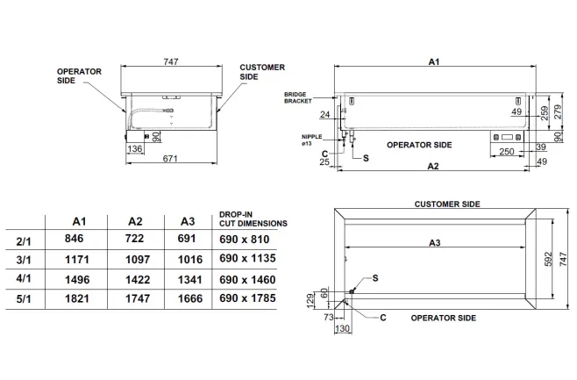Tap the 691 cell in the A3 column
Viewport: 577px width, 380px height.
coord(189,239)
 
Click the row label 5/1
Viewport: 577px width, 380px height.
coord(26,299)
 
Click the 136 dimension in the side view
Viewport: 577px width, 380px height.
coord(136,149)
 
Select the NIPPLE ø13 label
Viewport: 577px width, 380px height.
coord(310,140)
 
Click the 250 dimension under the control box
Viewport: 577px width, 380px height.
coord(506,152)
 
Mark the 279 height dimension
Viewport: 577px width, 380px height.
coord(553,112)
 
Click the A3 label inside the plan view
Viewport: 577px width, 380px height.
coord(435,241)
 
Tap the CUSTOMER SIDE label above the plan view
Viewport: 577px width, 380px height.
coord(446,204)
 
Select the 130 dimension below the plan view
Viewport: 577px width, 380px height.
coord(342,328)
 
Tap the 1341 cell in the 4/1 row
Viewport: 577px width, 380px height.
coord(189,279)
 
